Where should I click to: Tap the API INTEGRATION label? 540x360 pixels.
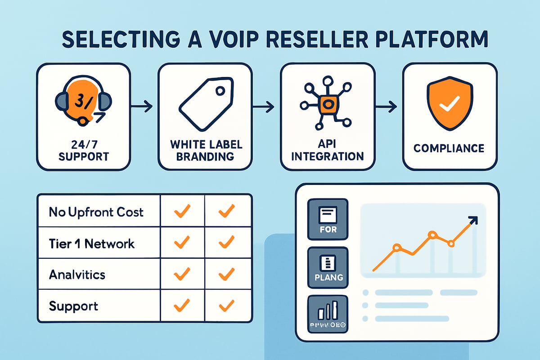point(327,150)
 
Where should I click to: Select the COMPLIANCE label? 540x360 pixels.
point(449,148)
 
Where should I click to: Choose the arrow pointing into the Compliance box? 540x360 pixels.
point(386,108)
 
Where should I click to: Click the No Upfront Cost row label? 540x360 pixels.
point(96,211)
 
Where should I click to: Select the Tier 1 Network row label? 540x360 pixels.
point(92,243)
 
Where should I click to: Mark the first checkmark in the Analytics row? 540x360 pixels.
point(182,274)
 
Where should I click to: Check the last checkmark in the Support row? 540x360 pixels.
point(227,306)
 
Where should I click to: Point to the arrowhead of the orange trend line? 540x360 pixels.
point(472,220)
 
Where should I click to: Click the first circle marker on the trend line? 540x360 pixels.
point(396,247)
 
